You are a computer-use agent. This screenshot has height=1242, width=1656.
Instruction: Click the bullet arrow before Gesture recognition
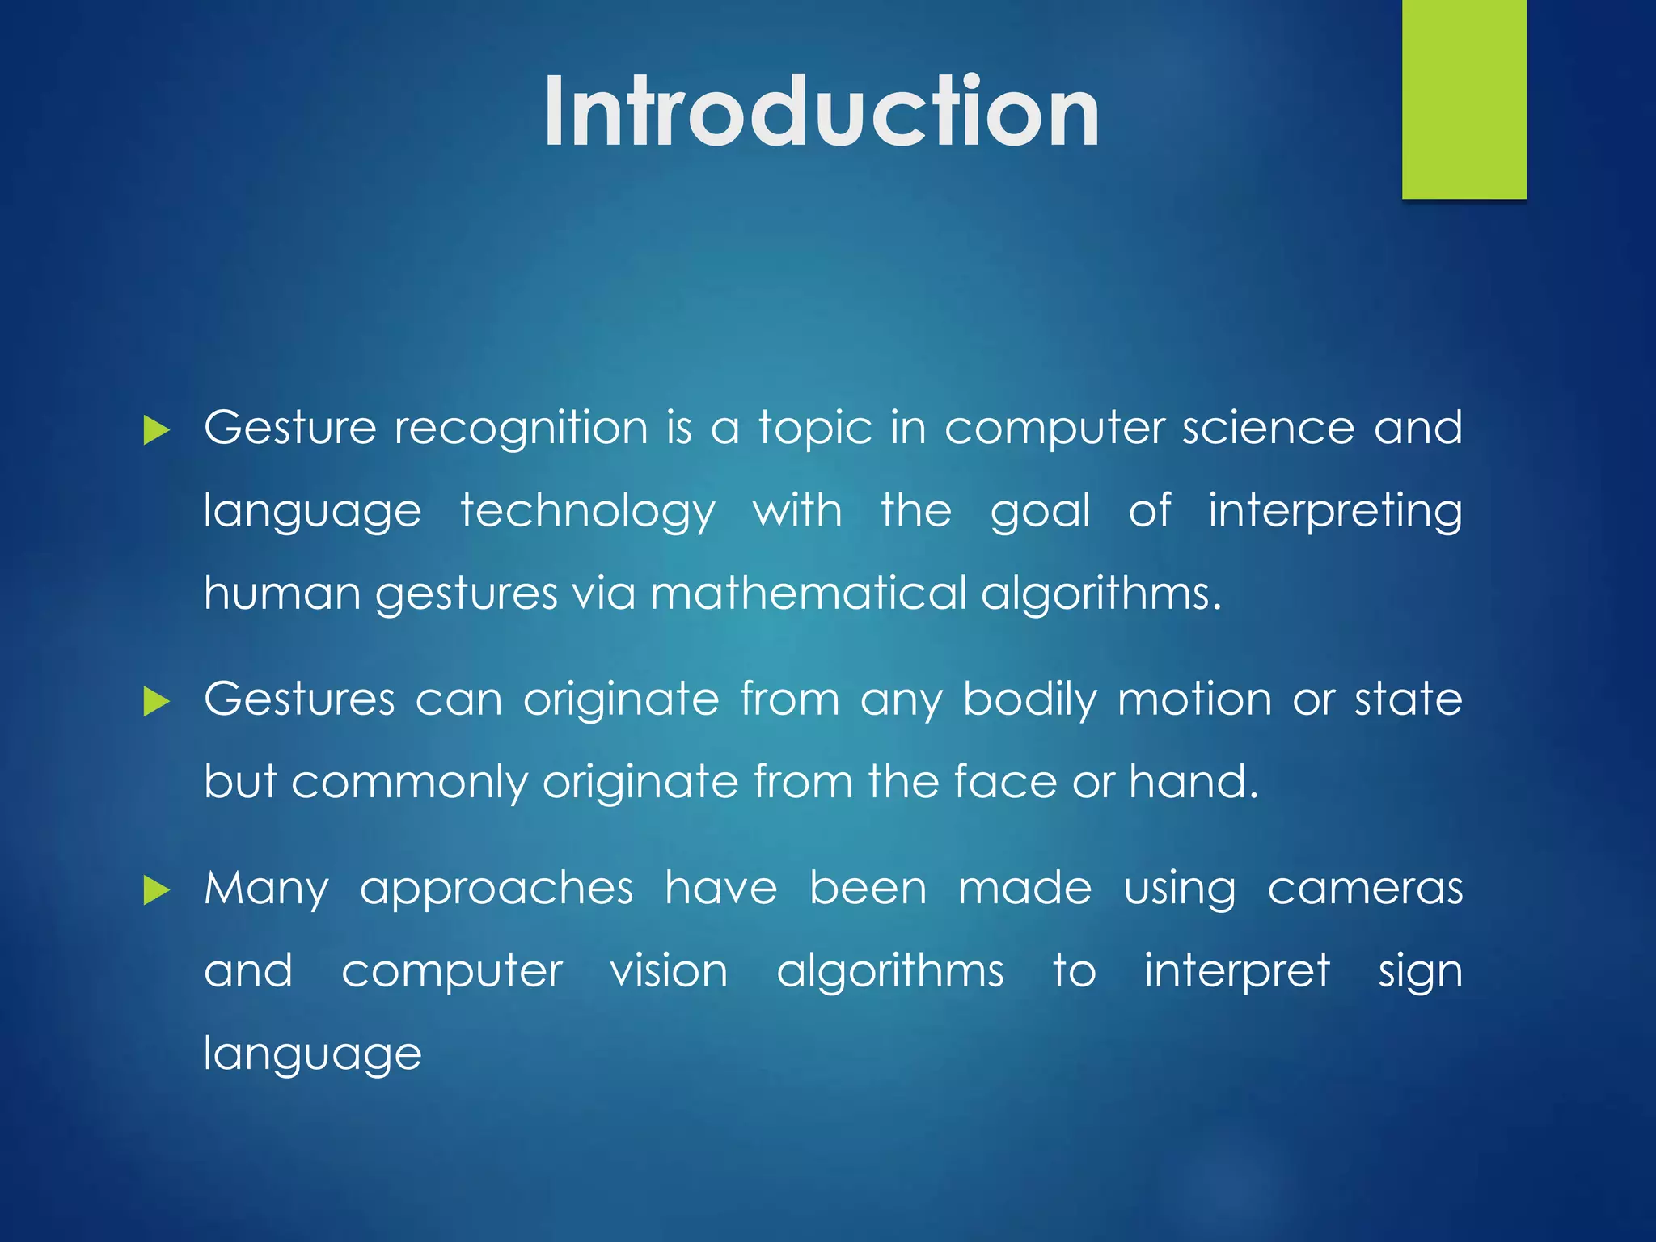[156, 430]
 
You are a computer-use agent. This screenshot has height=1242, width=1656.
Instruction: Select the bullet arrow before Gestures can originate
[156, 701]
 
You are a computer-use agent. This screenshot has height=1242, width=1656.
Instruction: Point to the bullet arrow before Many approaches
[156, 891]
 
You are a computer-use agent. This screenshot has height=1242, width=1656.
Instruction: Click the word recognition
[521, 429]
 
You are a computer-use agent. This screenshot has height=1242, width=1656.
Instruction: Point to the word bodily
[1029, 700]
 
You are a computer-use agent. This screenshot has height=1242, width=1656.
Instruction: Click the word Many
[266, 889]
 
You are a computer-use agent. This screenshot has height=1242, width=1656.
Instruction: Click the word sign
[1420, 973]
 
